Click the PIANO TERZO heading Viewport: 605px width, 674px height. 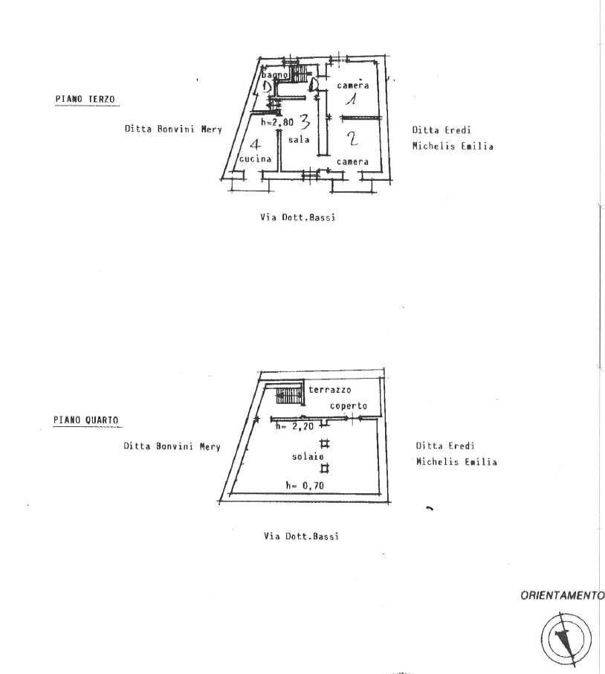coord(84,100)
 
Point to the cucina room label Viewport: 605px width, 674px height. coord(254,159)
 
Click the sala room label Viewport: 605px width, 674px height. coord(300,141)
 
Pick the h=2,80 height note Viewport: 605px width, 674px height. coord(278,123)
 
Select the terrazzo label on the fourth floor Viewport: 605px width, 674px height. coord(331,390)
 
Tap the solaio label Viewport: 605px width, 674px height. coord(307,457)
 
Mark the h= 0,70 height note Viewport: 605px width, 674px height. coord(305,485)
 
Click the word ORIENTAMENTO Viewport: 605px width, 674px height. coord(562,596)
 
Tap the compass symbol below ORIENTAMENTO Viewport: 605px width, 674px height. coord(566,637)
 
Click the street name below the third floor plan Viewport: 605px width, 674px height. coord(298,218)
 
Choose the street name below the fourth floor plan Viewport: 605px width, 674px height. coord(301,536)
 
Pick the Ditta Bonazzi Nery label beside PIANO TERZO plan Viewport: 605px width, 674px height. coord(173,129)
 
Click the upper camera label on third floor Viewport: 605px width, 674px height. coord(354,85)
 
